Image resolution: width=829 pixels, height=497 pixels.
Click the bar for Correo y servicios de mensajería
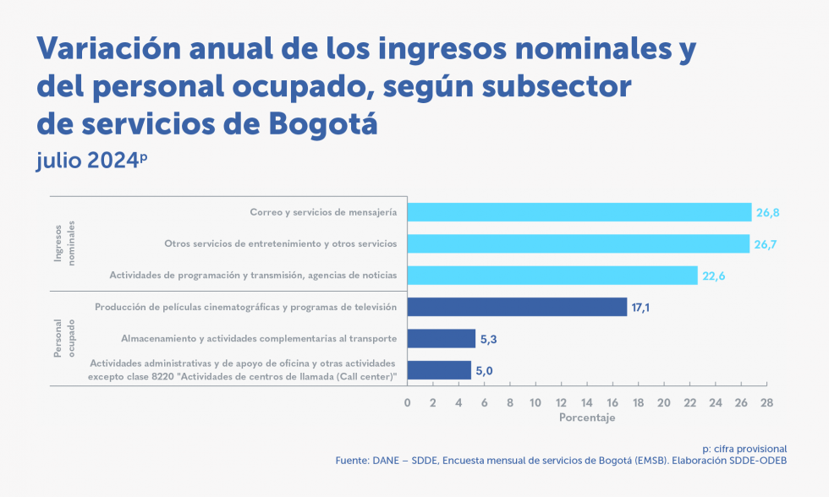click(579, 212)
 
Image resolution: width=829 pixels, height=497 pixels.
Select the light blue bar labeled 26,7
click(579, 243)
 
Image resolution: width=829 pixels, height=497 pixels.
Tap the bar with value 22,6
click(552, 276)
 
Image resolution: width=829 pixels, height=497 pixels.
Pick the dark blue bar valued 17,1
click(517, 307)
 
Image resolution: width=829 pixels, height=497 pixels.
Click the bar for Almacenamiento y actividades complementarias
click(442, 338)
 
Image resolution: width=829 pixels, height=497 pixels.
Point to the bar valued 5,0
click(439, 370)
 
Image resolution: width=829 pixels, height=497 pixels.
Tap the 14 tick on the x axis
click(586, 402)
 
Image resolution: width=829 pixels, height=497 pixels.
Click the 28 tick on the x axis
click(766, 402)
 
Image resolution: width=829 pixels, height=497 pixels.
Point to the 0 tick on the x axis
click(408, 402)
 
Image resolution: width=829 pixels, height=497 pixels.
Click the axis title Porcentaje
click(587, 418)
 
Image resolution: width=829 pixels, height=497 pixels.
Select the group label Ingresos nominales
click(64, 243)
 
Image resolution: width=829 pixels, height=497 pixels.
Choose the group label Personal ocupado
click(64, 338)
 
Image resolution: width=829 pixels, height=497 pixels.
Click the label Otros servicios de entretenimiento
click(280, 243)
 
